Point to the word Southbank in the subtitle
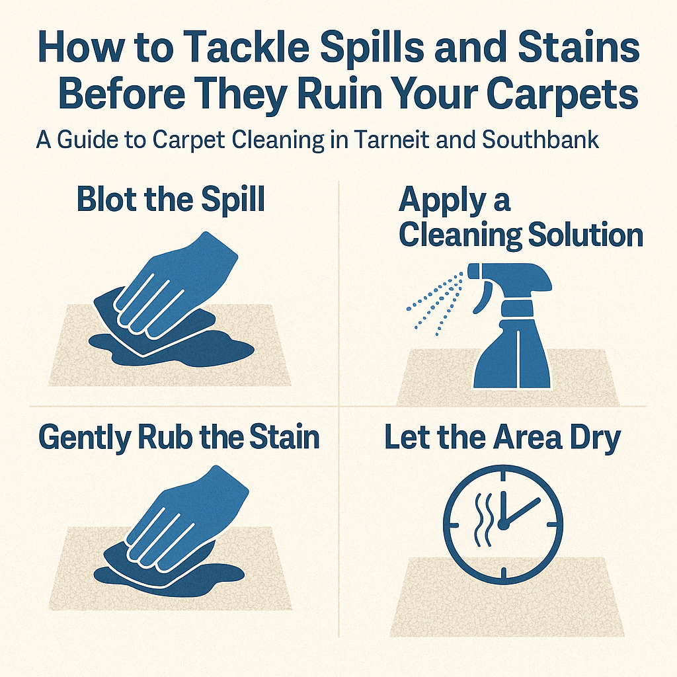pos(540,139)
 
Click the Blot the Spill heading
pos(171,200)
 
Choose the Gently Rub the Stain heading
pos(179,438)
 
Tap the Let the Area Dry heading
pos(502,438)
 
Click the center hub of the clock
pos(502,524)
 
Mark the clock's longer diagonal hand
pos(522,511)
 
